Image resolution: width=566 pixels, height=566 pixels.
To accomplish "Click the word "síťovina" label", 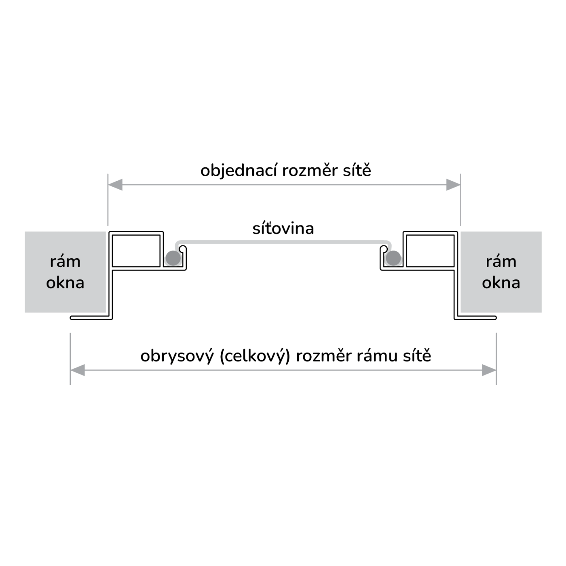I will click(x=283, y=229).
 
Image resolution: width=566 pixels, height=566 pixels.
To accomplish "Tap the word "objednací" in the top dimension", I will click(x=239, y=171).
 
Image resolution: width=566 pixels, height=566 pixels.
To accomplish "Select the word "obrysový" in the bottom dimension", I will click(x=177, y=357).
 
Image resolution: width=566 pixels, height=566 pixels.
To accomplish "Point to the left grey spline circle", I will click(x=173, y=258).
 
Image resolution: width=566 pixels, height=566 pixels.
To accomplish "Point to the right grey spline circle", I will click(x=393, y=258).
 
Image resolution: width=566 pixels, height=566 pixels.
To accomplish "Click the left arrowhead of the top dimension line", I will click(x=116, y=185).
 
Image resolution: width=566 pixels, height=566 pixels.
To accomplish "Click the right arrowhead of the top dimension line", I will click(x=453, y=185).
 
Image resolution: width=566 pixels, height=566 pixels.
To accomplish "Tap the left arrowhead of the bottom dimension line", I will click(x=78, y=370).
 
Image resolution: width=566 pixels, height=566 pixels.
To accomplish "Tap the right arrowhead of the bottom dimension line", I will click(x=489, y=370).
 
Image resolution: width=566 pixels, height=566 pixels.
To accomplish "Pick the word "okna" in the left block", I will click(x=65, y=283).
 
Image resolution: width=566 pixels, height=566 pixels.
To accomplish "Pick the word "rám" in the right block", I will click(x=501, y=262).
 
